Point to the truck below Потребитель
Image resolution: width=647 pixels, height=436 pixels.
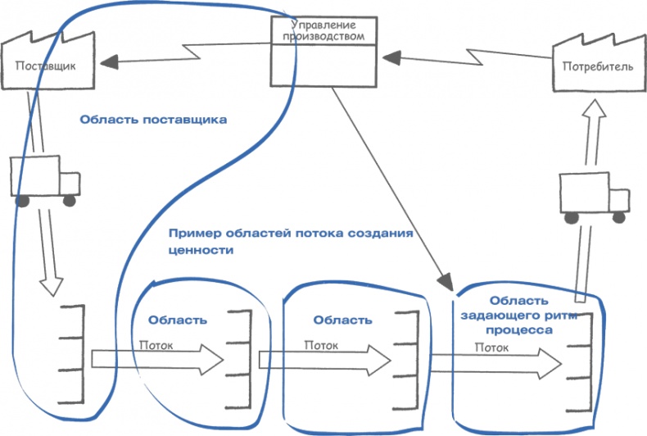pos(594,197)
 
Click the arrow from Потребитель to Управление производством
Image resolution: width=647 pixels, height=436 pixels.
pos(467,57)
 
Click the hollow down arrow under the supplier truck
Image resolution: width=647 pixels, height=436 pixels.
pos(52,254)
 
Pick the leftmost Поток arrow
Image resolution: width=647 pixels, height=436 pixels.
pos(156,359)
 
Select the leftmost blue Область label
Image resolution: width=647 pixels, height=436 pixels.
pos(177,319)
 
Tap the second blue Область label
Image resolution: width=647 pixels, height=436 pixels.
pos(342,319)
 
